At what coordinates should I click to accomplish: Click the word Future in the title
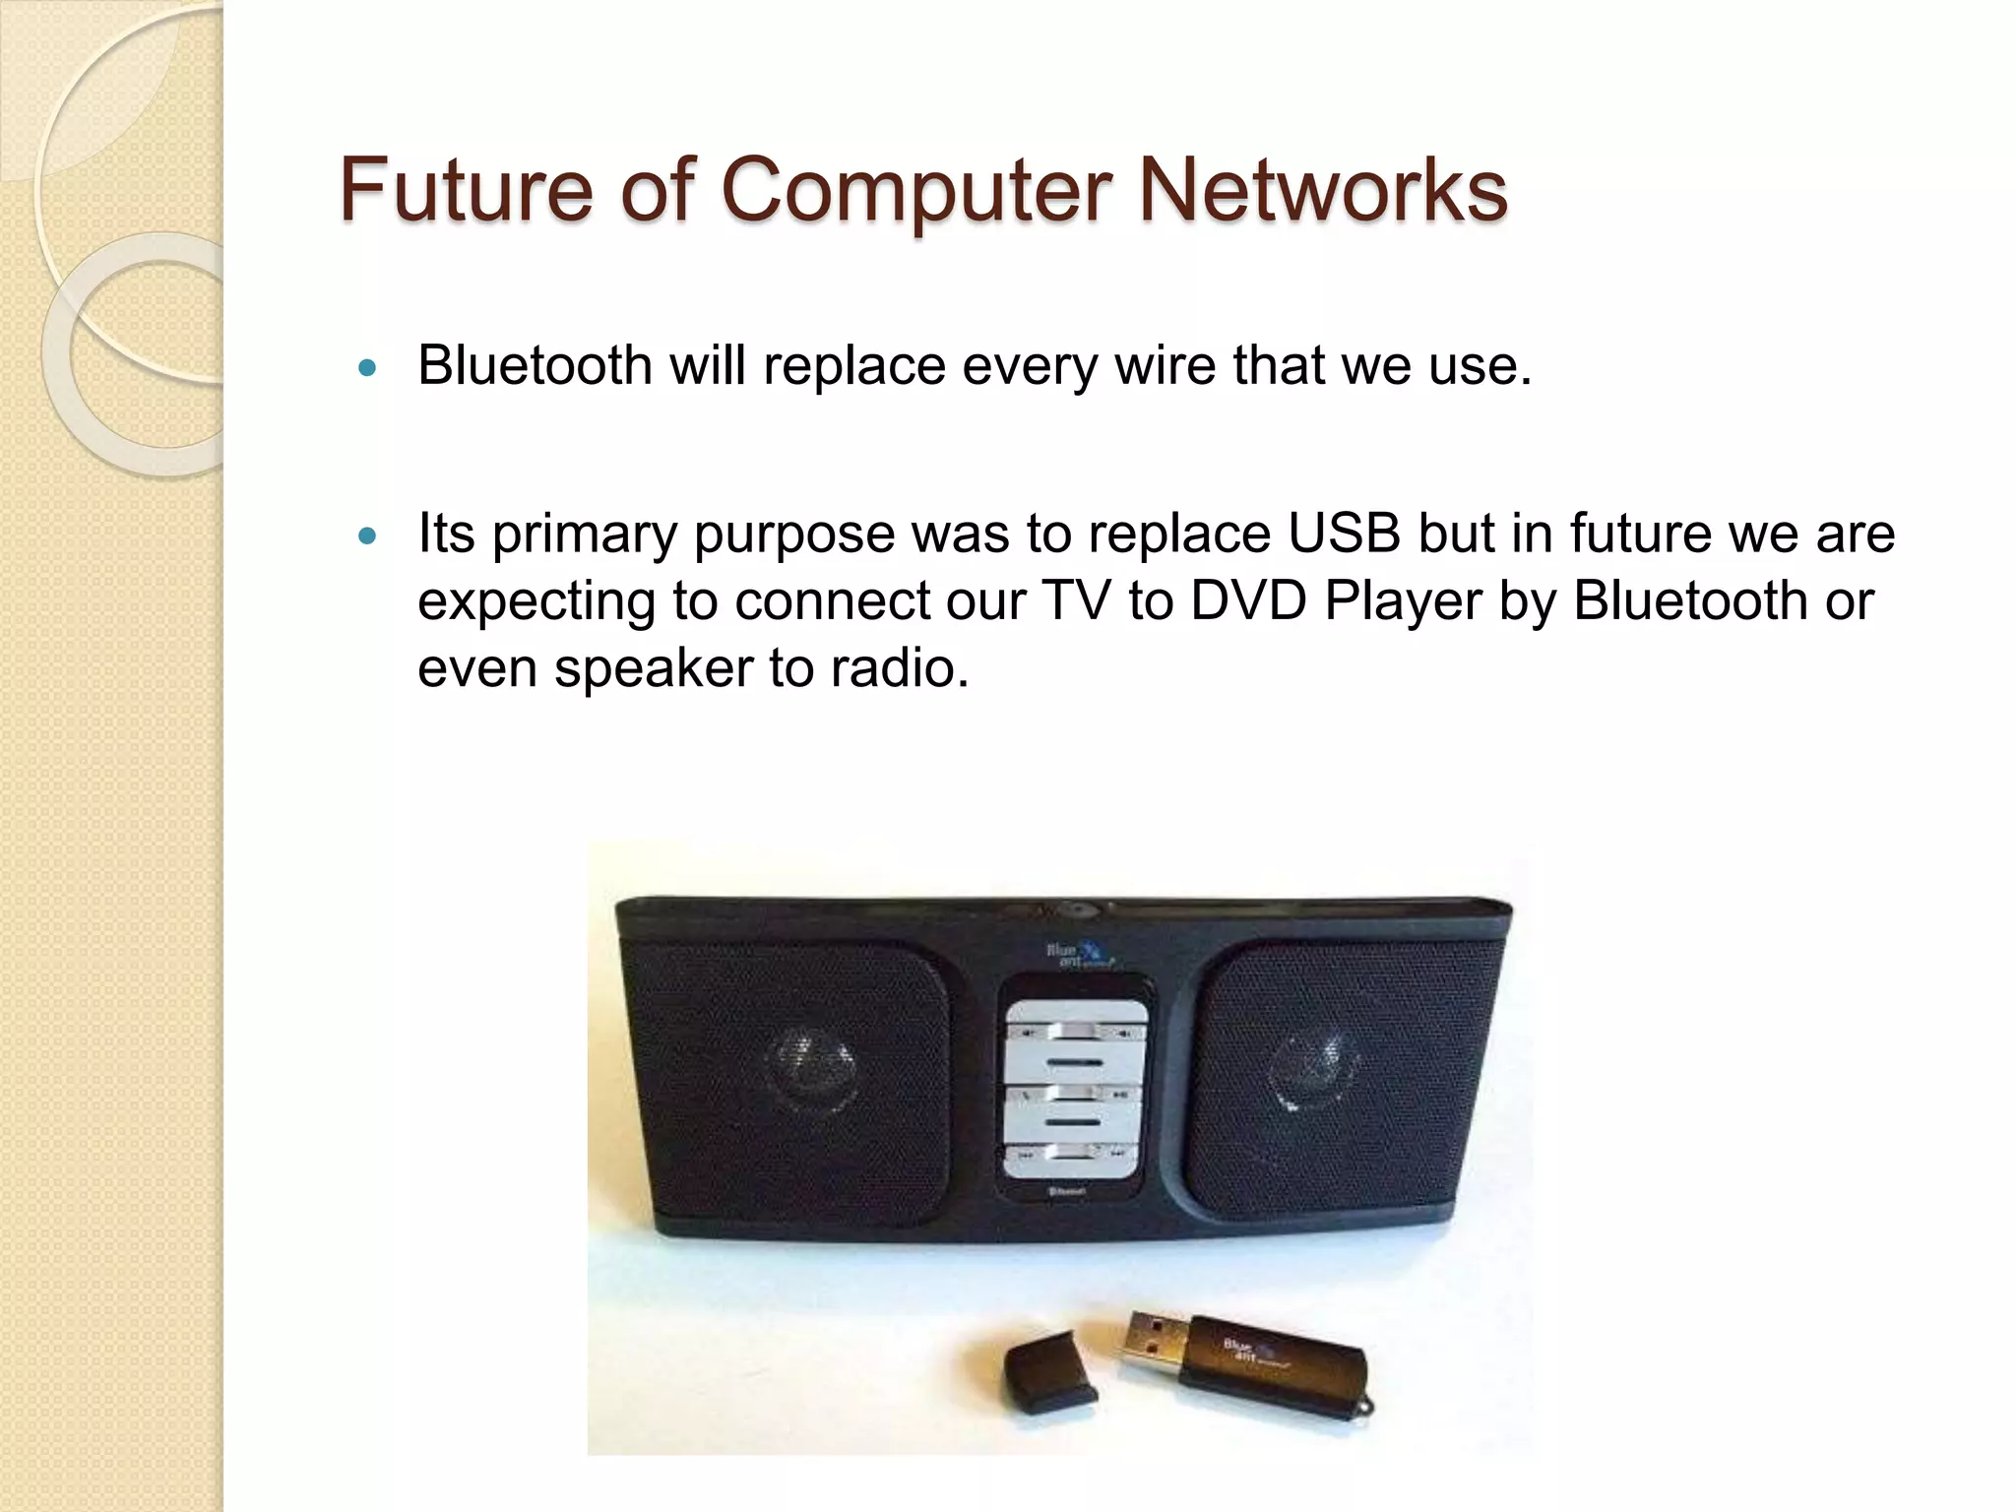(x=467, y=190)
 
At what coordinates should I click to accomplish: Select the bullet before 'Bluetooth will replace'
(x=368, y=370)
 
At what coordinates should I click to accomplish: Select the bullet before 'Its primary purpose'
(x=368, y=537)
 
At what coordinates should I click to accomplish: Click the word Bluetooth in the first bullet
(x=535, y=366)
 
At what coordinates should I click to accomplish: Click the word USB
(x=1344, y=535)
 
